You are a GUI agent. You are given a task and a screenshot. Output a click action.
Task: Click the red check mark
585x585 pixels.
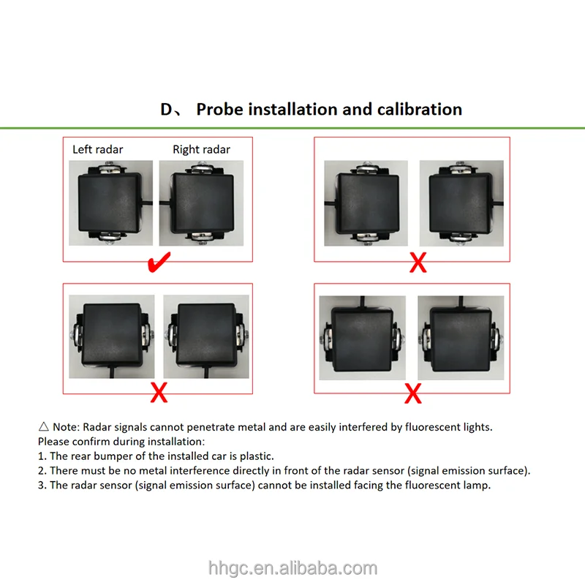pyautogui.click(x=159, y=263)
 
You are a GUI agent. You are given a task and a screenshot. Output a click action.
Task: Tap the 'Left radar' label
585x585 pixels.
pyautogui.click(x=98, y=150)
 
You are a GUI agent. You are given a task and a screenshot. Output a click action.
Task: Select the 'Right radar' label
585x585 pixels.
pyautogui.click(x=202, y=150)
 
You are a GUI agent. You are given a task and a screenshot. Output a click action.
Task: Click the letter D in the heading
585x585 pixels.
pyautogui.click(x=166, y=109)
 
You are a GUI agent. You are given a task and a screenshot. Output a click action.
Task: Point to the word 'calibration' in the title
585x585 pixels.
pyautogui.click(x=420, y=109)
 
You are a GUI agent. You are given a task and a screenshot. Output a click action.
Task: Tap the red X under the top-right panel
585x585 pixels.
pyautogui.click(x=418, y=263)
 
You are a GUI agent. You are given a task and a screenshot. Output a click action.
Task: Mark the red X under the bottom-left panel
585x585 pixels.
pyautogui.click(x=159, y=392)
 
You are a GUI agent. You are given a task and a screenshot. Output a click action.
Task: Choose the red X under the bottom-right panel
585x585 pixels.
pyautogui.click(x=413, y=393)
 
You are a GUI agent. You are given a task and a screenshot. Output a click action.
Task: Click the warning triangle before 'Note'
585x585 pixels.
pyautogui.click(x=44, y=426)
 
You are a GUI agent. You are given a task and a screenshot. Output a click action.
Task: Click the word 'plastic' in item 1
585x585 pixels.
pyautogui.click(x=257, y=456)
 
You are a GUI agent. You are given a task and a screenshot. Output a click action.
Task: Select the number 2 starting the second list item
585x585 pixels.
pyautogui.click(x=42, y=471)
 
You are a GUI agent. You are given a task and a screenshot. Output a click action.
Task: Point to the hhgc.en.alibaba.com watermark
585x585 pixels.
pyautogui.click(x=292, y=568)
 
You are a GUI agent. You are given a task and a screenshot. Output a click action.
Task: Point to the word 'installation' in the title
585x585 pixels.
pyautogui.click(x=293, y=109)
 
